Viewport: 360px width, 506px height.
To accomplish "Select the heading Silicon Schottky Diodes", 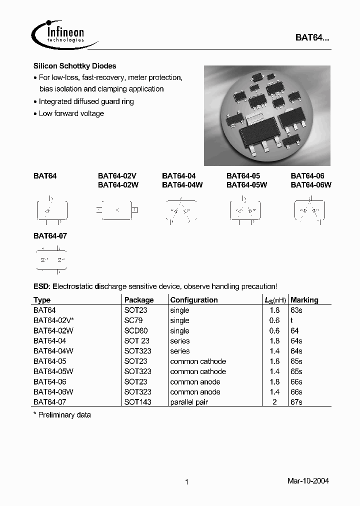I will click(x=74, y=66).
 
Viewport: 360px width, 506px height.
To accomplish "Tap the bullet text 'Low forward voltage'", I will click(x=71, y=113).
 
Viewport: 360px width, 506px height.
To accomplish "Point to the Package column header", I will click(x=139, y=300).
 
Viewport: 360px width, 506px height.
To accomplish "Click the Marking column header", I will click(x=304, y=300).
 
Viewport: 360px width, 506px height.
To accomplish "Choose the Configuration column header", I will click(x=194, y=300).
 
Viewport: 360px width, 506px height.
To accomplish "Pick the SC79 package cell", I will click(x=132, y=320).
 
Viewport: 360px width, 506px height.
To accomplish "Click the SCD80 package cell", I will click(x=136, y=330).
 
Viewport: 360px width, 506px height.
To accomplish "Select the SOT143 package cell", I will click(x=137, y=402).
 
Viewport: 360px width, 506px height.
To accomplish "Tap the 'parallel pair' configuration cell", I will click(x=189, y=402).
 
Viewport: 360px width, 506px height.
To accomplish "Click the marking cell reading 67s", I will click(x=296, y=402).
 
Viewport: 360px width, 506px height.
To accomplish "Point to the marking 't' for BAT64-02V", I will click(x=292, y=320).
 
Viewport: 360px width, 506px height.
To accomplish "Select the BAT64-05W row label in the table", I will click(x=53, y=371).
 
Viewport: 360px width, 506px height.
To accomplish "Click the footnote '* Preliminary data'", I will click(x=62, y=415).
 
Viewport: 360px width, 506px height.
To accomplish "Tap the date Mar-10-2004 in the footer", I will click(x=308, y=481).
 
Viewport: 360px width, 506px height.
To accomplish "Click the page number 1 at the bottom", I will click(x=186, y=482).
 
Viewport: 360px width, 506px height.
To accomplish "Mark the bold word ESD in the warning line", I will click(x=41, y=286).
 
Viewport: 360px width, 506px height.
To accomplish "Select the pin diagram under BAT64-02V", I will click(x=117, y=210).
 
